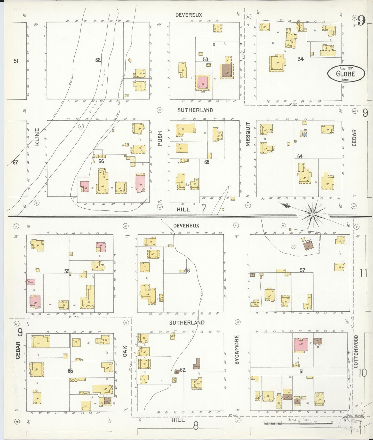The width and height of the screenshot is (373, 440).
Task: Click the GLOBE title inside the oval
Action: [x=346, y=74]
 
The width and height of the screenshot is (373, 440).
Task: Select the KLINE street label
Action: [x=37, y=137]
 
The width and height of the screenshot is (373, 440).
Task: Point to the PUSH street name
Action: [x=160, y=138]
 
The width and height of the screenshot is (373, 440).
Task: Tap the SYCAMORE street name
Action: [x=237, y=349]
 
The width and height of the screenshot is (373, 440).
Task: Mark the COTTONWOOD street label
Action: [x=356, y=351]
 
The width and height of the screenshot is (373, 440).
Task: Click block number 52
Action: [x=98, y=60]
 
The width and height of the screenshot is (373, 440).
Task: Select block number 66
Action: [x=101, y=161]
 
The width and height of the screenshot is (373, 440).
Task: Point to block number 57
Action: [x=302, y=270]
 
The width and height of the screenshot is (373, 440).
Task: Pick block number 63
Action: [x=70, y=371]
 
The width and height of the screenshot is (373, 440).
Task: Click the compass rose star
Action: [x=313, y=214]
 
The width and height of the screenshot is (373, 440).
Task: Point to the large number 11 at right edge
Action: [x=364, y=273]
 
